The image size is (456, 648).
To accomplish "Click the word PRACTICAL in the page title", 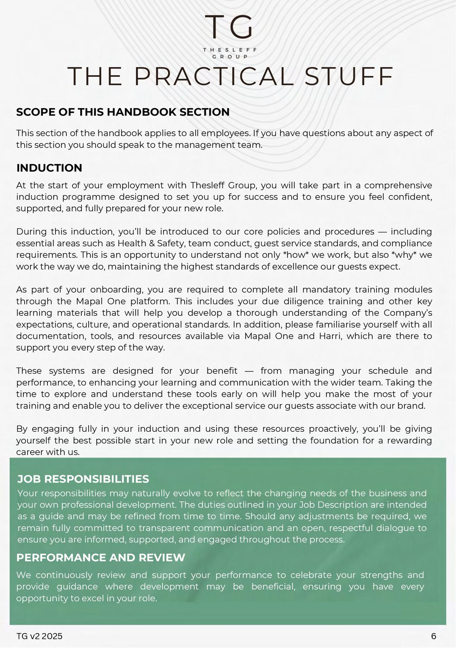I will click(214, 76).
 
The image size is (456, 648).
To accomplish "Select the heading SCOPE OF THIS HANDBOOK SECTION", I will click(123, 112).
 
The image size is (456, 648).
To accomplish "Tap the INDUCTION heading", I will click(49, 168).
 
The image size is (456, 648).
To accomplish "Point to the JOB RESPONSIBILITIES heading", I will click(83, 479).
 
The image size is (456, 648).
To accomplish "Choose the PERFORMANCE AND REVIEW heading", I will click(101, 557).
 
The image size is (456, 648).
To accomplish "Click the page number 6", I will click(434, 636).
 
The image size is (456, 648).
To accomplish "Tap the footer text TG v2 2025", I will click(40, 636).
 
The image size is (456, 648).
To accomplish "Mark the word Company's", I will click(408, 313).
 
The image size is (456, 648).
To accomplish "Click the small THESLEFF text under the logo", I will click(230, 50).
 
